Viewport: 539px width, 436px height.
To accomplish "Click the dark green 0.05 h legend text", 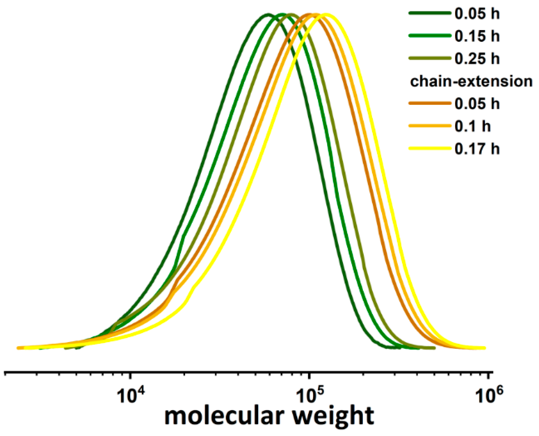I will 477,14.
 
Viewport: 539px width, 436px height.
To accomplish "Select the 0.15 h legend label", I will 477,36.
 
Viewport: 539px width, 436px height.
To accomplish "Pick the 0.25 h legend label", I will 477,59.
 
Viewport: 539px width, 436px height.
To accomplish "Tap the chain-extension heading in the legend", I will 471,82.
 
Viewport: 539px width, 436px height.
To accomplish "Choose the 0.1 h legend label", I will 473,126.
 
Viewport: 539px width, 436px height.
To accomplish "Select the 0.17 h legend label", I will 477,149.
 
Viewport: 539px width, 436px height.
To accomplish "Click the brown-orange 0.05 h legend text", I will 477,104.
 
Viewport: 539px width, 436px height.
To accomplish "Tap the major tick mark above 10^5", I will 309,377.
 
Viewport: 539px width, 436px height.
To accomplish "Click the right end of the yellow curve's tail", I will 484,348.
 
